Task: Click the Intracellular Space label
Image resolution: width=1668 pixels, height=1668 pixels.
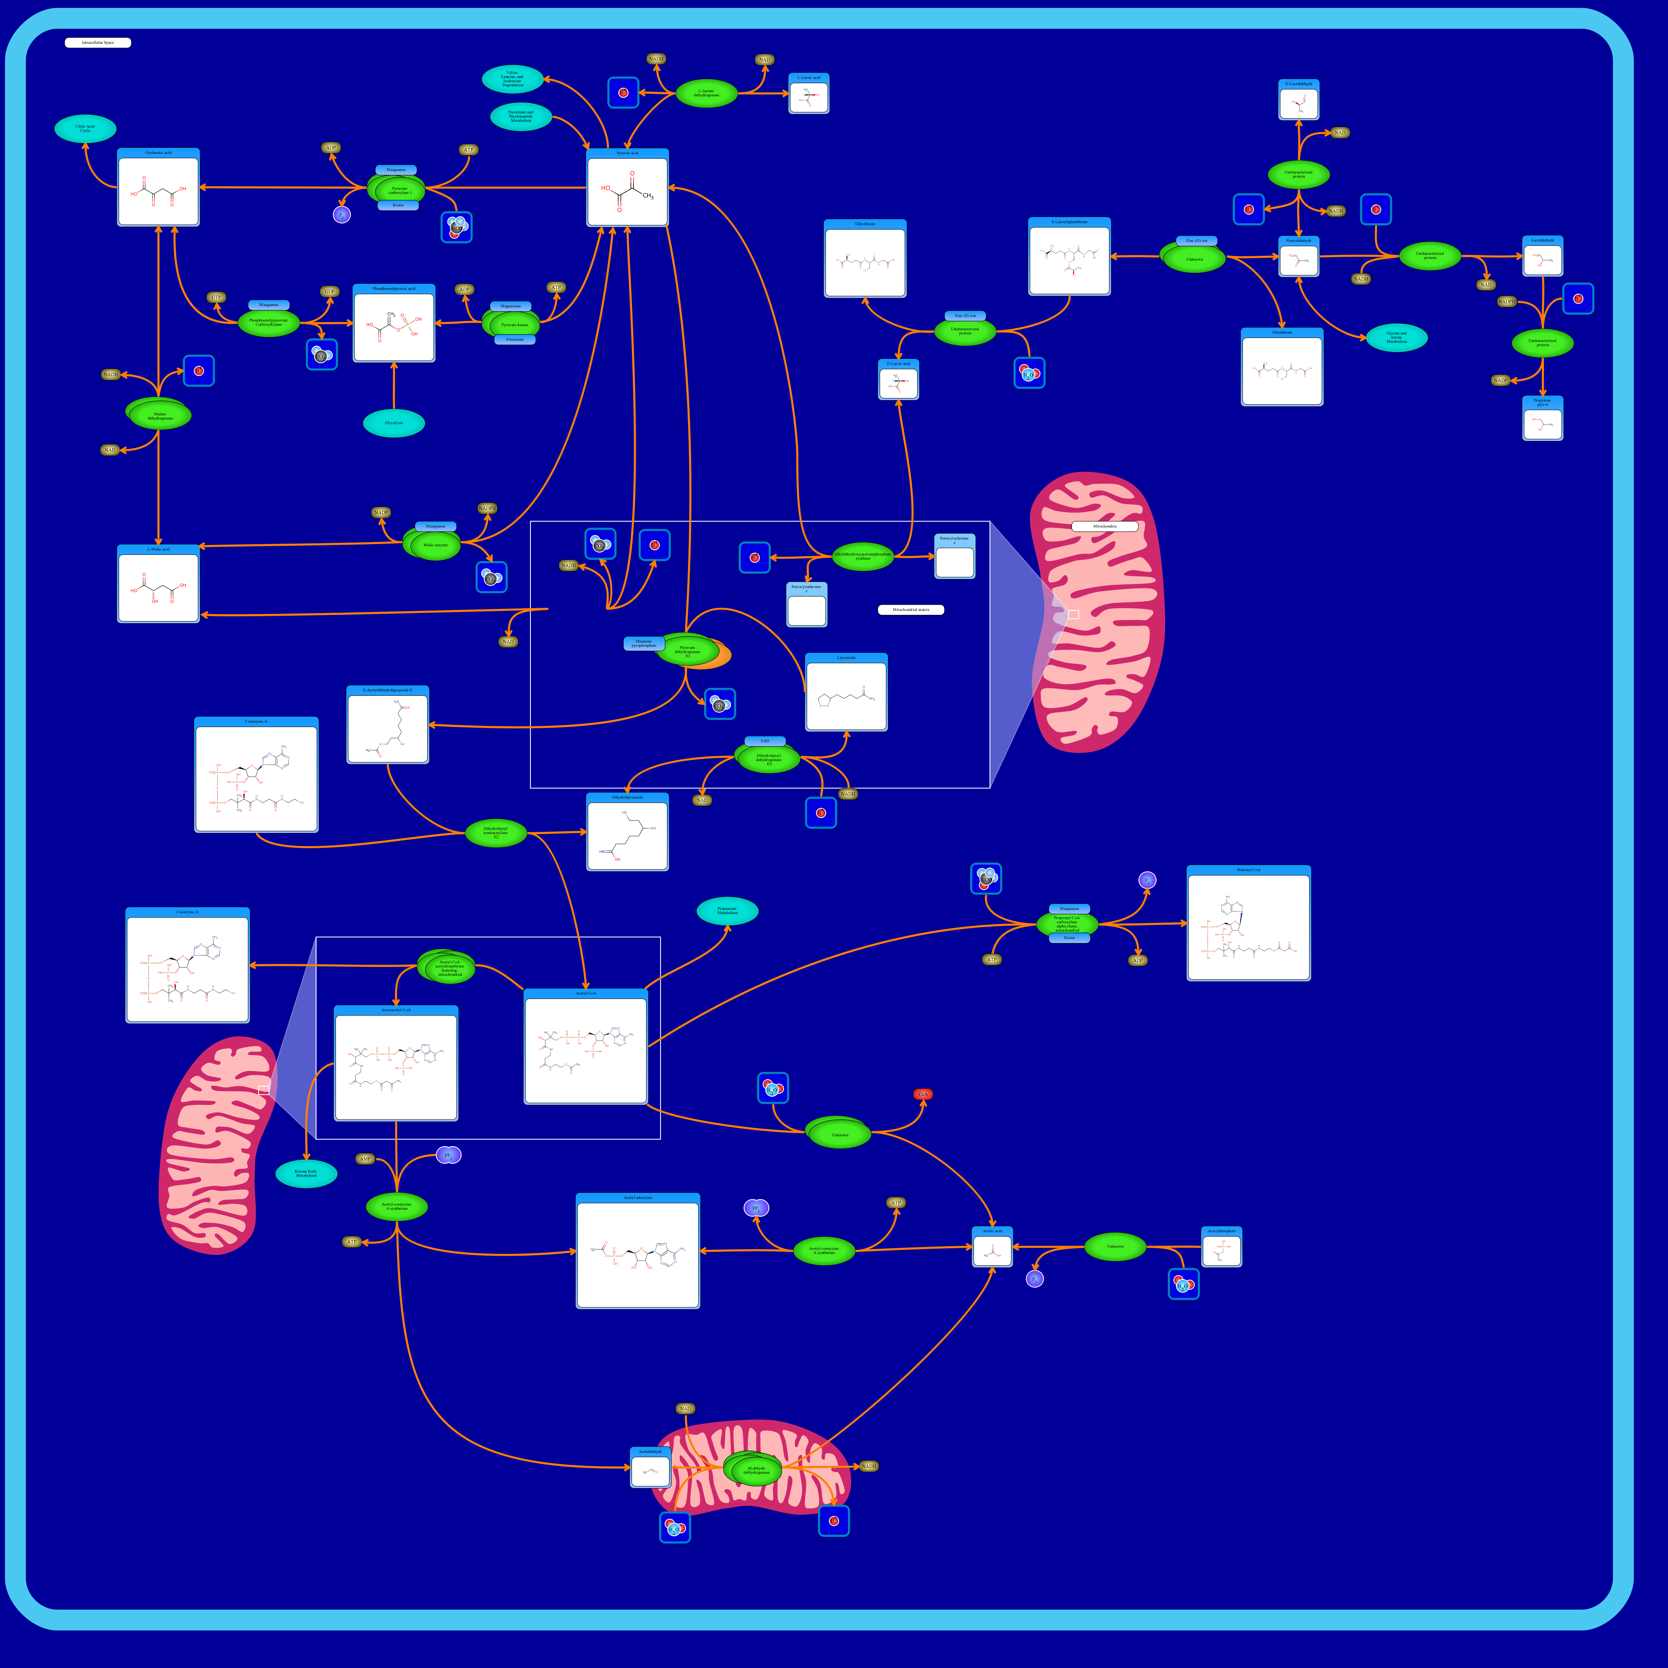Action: pos(98,42)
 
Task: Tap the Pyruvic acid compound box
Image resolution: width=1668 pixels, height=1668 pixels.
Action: pos(628,188)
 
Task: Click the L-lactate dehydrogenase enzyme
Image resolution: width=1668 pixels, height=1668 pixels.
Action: pos(706,92)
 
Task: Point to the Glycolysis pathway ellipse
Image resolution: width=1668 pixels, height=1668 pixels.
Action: pos(394,423)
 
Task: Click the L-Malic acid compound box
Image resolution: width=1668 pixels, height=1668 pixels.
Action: pos(158,584)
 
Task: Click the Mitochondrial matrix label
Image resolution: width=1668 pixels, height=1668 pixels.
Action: pos(911,609)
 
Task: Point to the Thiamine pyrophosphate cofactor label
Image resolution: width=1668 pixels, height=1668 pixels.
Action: pos(643,643)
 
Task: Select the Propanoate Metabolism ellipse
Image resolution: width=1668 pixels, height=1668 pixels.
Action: pos(727,911)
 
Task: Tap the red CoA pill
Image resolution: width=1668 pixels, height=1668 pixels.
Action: pos(923,1094)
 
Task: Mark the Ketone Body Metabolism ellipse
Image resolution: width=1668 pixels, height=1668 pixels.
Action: pos(306,1173)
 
